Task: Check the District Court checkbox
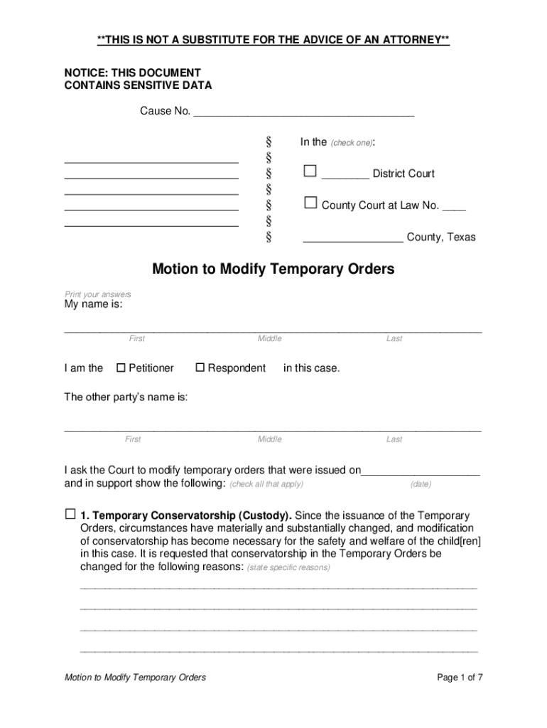tap(310, 171)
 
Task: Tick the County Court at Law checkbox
tap(310, 203)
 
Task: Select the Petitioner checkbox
tap(120, 368)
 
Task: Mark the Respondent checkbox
tap(200, 368)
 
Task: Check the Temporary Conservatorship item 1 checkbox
tap(70, 514)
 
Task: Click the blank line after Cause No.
tap(303, 112)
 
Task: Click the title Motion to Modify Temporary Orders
tap(273, 269)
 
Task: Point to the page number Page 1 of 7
tap(460, 678)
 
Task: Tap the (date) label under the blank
tap(421, 484)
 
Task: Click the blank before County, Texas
tap(353, 237)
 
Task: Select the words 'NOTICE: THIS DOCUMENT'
tap(133, 73)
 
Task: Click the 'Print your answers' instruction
tap(98, 294)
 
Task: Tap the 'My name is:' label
tap(93, 304)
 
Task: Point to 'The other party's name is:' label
tap(126, 397)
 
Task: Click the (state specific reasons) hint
tap(288, 568)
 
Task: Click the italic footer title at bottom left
tap(135, 678)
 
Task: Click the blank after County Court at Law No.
tap(454, 205)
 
